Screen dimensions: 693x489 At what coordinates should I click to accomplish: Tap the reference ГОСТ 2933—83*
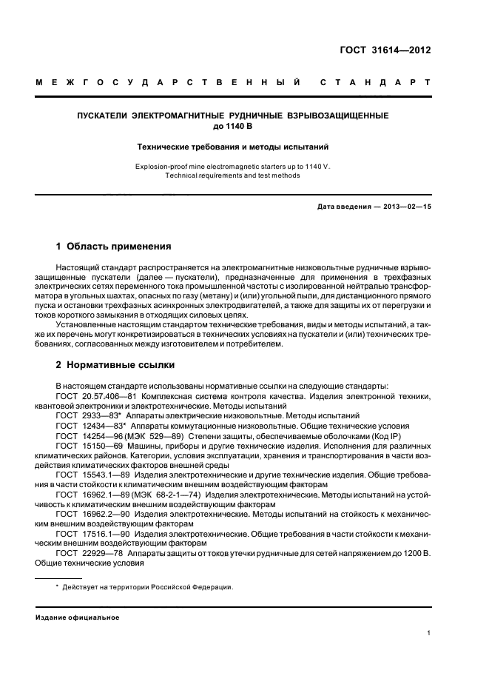tap(89, 417)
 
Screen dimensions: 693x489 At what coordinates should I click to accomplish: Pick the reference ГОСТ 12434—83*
tap(91, 427)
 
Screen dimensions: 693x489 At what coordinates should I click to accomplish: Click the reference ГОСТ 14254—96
tap(89, 437)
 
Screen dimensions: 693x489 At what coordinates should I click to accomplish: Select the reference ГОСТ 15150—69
tap(89, 447)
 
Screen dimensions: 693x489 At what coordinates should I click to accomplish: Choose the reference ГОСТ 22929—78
tap(89, 553)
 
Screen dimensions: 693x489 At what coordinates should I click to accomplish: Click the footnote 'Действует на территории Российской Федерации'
tap(148, 587)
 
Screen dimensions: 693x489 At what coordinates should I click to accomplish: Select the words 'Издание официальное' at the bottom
tap(78, 617)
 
